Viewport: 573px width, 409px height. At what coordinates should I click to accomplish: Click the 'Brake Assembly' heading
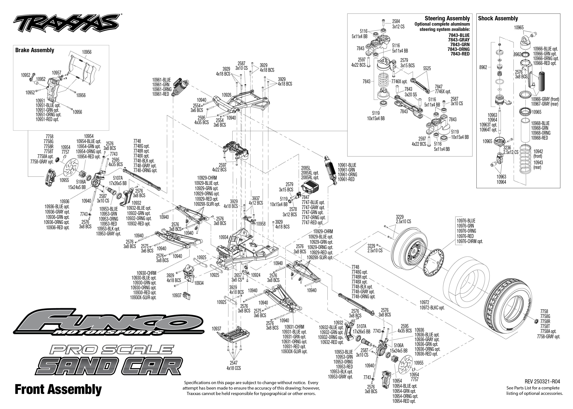coord(35,50)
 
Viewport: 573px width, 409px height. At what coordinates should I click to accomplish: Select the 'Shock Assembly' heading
coord(498,18)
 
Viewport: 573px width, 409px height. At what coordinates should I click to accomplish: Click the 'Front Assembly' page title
coord(58,389)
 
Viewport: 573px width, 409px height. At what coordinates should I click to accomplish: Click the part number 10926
coord(226,95)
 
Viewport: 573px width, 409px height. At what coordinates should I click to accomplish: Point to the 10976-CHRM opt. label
coord(470,241)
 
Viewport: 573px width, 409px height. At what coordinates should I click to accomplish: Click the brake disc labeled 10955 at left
coord(71,169)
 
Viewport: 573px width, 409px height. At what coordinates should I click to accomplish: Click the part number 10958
coord(261,224)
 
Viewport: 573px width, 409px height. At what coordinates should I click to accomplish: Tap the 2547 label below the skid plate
coord(234,363)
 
